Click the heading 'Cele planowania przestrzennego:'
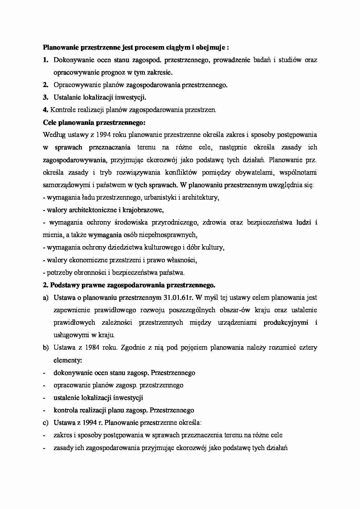(94, 122)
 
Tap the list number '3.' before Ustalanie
(45, 98)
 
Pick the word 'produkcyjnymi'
(286, 323)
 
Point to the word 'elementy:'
(68, 360)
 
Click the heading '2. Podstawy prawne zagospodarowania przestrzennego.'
(129, 285)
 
